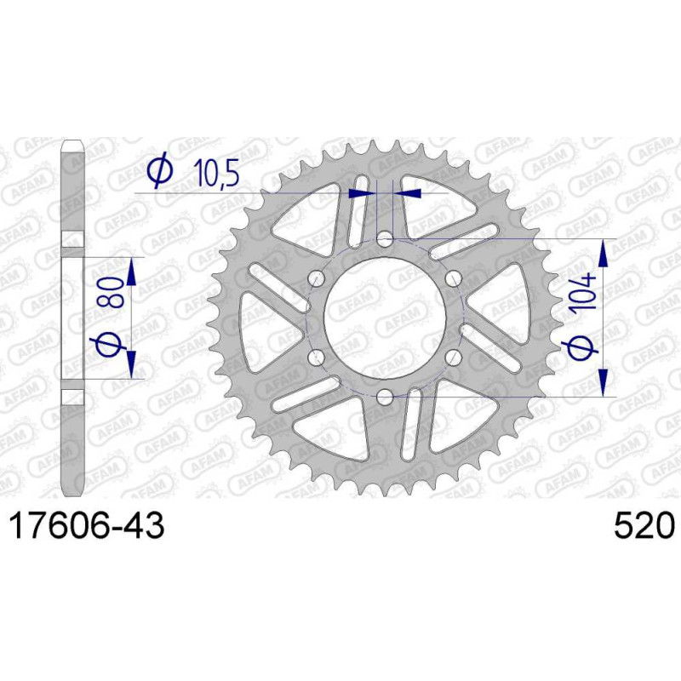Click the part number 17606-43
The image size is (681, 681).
tap(87, 526)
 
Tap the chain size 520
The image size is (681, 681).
tap(644, 526)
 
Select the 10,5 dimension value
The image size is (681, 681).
tap(216, 173)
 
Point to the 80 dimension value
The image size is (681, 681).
tap(111, 292)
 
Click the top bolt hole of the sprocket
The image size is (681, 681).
tap(385, 239)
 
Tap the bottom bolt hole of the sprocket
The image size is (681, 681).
tap(385, 397)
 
